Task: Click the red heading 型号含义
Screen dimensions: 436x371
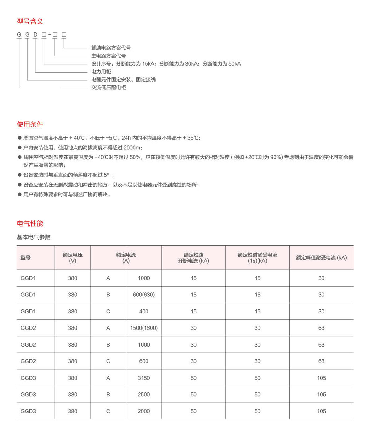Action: pos(30,21)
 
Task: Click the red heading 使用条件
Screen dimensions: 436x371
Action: pos(30,124)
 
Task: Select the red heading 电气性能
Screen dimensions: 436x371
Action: pos(30,223)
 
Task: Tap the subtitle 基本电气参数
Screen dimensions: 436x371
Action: pos(33,237)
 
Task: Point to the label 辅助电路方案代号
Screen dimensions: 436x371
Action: pos(111,48)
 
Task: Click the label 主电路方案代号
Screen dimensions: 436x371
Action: pos(108,56)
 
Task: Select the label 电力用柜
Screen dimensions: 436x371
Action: pos(101,71)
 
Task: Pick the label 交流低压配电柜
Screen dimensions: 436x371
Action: pos(108,88)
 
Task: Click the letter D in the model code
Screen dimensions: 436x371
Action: pos(35,35)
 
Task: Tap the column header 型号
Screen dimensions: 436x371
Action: pos(26,257)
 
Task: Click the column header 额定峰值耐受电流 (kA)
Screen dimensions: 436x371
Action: pos(321,257)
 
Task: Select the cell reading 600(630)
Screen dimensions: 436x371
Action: pos(144,295)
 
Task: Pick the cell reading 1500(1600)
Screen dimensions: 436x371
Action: pos(144,328)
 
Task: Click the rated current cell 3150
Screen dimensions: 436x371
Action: pos(144,378)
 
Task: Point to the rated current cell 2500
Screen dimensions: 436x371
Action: pos(144,395)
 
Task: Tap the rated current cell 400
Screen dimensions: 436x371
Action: pos(144,311)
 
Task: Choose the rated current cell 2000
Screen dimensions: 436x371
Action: pos(144,411)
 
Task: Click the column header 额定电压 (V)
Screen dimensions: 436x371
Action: pos(73,257)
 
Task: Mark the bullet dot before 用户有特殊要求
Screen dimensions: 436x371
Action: pos(19,195)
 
